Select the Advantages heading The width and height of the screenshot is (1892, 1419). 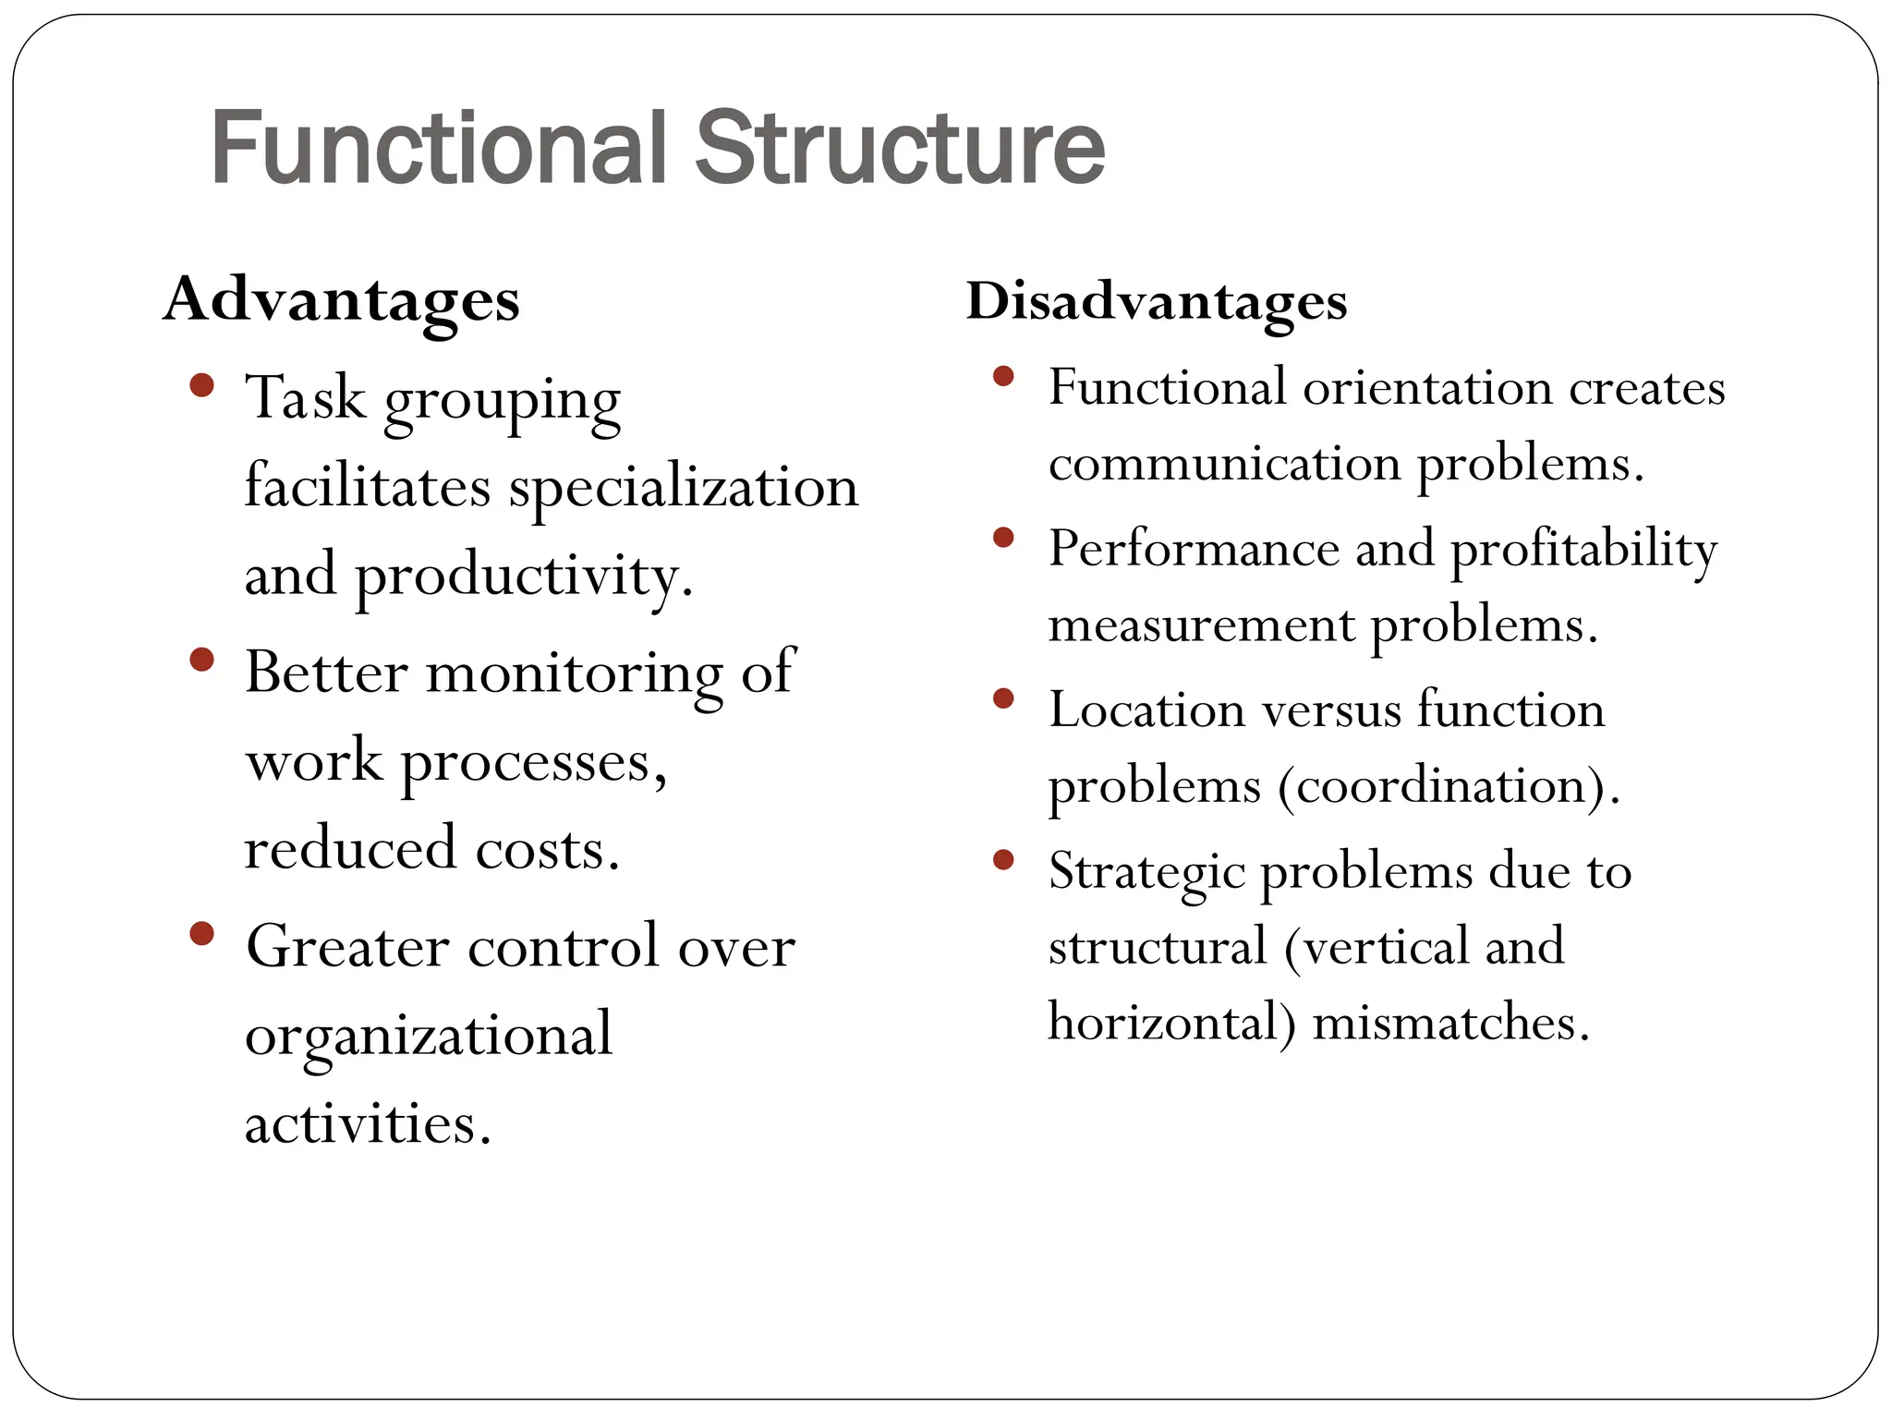342,300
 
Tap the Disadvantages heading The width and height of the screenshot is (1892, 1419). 1157,301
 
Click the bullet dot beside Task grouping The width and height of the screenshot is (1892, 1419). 201,384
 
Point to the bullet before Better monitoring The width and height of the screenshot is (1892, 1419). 201,660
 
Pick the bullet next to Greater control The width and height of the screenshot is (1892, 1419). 201,933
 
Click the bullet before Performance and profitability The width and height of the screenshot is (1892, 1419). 1003,537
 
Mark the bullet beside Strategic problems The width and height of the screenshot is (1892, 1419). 1003,860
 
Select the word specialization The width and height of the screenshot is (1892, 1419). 684,488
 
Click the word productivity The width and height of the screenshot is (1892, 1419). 523,576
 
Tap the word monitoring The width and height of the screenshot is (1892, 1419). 574,673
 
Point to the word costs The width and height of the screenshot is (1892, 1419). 546,848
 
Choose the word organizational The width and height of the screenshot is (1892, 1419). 429,1035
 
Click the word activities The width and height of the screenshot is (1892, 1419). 367,1123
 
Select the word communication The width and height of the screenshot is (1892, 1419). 1224,463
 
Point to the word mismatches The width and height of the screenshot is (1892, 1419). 1450,1023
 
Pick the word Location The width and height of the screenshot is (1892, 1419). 1146,710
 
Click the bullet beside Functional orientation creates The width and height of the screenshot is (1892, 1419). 1003,376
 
